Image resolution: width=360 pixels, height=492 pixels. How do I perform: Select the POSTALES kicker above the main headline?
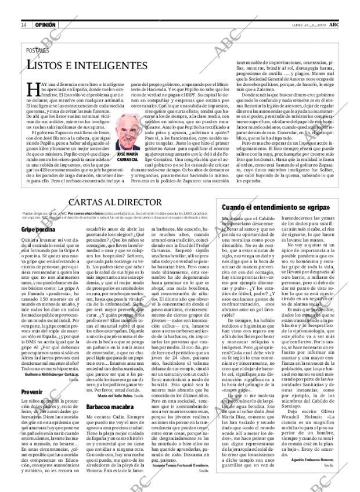(x=38, y=51)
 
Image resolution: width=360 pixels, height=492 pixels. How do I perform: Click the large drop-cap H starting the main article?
(x=33, y=88)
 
